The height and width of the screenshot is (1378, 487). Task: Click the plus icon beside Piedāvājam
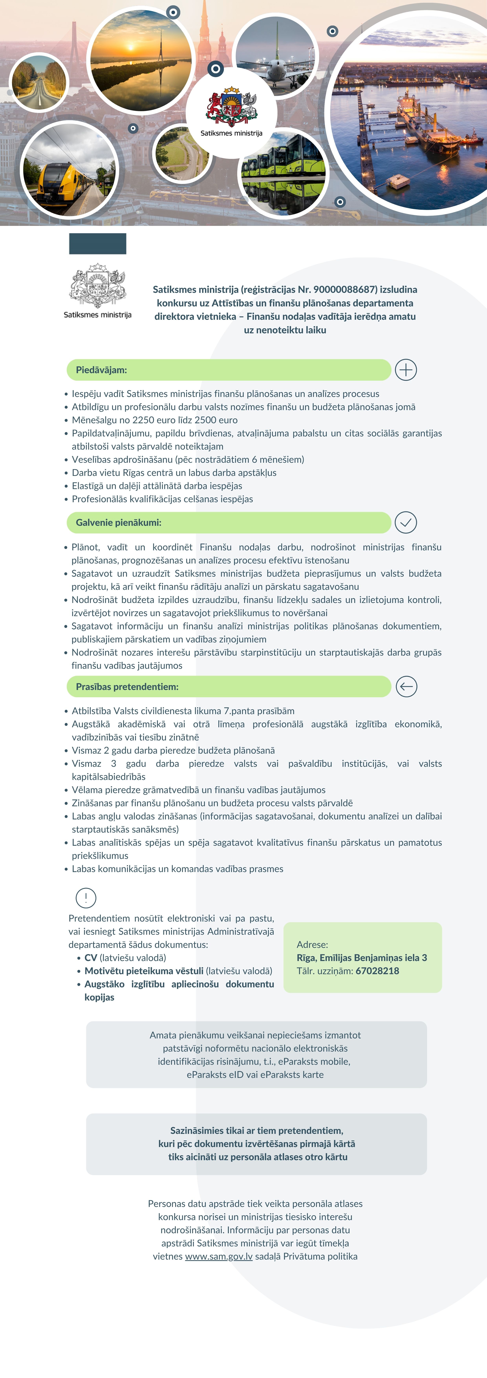[406, 370]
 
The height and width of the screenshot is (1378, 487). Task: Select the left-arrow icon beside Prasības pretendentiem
[406, 686]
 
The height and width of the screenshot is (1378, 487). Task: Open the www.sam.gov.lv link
[219, 1256]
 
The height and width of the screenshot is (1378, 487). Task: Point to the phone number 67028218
[377, 971]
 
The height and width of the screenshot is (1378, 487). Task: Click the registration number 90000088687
[345, 289]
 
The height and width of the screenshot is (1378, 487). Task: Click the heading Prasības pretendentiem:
[127, 686]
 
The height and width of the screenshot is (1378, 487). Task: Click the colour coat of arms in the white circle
[232, 107]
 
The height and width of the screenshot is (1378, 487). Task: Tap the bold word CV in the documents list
[91, 957]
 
